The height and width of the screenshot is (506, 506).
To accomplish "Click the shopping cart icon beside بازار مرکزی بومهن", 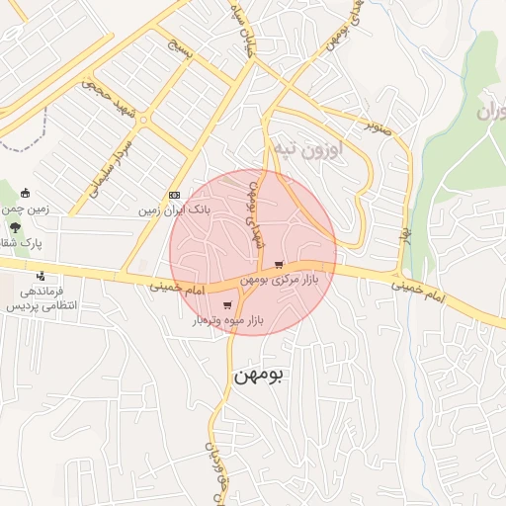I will (x=280, y=264).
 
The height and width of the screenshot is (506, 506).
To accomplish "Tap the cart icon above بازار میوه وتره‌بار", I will (x=228, y=305).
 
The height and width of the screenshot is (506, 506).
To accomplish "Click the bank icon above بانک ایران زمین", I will (x=174, y=195).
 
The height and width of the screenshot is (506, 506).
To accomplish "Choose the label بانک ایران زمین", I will (x=174, y=211).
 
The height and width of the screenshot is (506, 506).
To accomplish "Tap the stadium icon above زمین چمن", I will (x=25, y=193).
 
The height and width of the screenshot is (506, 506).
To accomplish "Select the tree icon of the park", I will (x=16, y=226).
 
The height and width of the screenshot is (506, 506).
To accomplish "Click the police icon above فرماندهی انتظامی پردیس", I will (x=40, y=276).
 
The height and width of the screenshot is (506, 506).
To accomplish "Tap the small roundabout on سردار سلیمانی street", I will (x=144, y=121).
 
